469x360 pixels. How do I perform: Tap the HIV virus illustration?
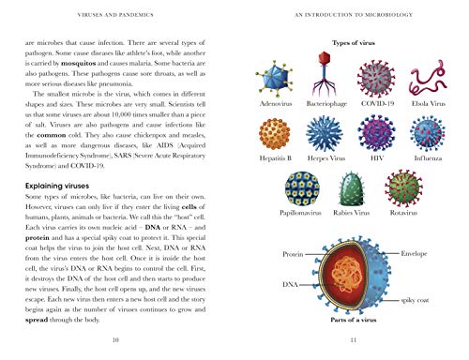click(373, 134)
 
